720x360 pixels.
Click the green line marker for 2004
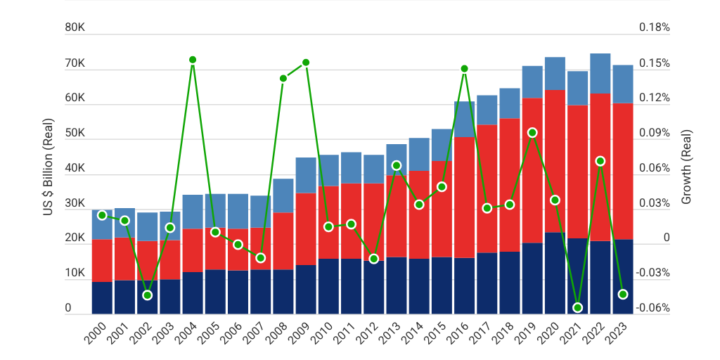[193, 60]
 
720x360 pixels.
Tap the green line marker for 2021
[578, 307]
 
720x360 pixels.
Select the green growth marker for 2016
[464, 68]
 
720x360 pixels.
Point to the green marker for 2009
[306, 63]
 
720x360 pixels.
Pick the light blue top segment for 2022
[600, 73]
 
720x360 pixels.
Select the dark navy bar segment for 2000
[102, 297]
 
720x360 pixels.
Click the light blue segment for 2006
[238, 211]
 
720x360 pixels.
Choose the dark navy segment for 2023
[623, 276]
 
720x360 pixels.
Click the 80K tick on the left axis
[75, 28]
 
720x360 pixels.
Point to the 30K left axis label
[75, 204]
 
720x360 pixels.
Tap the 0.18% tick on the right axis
[654, 28]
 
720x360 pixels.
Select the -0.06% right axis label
[654, 308]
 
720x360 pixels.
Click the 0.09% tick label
[654, 134]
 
